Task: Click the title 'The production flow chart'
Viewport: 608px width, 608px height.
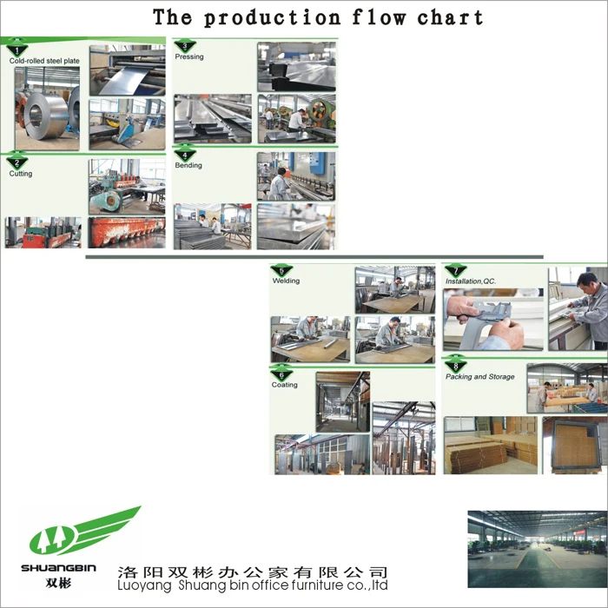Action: click(x=318, y=17)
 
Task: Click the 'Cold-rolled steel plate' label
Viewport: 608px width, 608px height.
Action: click(x=43, y=61)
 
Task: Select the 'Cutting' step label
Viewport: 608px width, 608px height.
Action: click(x=21, y=174)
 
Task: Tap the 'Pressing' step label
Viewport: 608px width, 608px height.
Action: click(x=189, y=56)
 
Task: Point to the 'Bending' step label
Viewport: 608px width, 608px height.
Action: click(x=188, y=165)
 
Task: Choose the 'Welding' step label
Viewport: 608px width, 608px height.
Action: click(x=286, y=281)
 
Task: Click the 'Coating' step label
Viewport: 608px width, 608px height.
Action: click(x=284, y=385)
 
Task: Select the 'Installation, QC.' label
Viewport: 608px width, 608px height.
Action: click(x=470, y=281)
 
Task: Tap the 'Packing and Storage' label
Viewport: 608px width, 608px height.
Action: click(x=479, y=377)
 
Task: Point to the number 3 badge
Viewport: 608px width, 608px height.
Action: click(x=185, y=46)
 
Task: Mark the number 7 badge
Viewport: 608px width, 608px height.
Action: click(x=455, y=271)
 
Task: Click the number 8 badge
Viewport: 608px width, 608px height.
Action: click(x=455, y=366)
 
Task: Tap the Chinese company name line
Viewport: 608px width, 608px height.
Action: click(x=253, y=572)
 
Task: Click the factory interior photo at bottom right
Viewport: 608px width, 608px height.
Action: click(x=536, y=549)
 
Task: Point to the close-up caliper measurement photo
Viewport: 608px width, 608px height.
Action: click(x=492, y=320)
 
